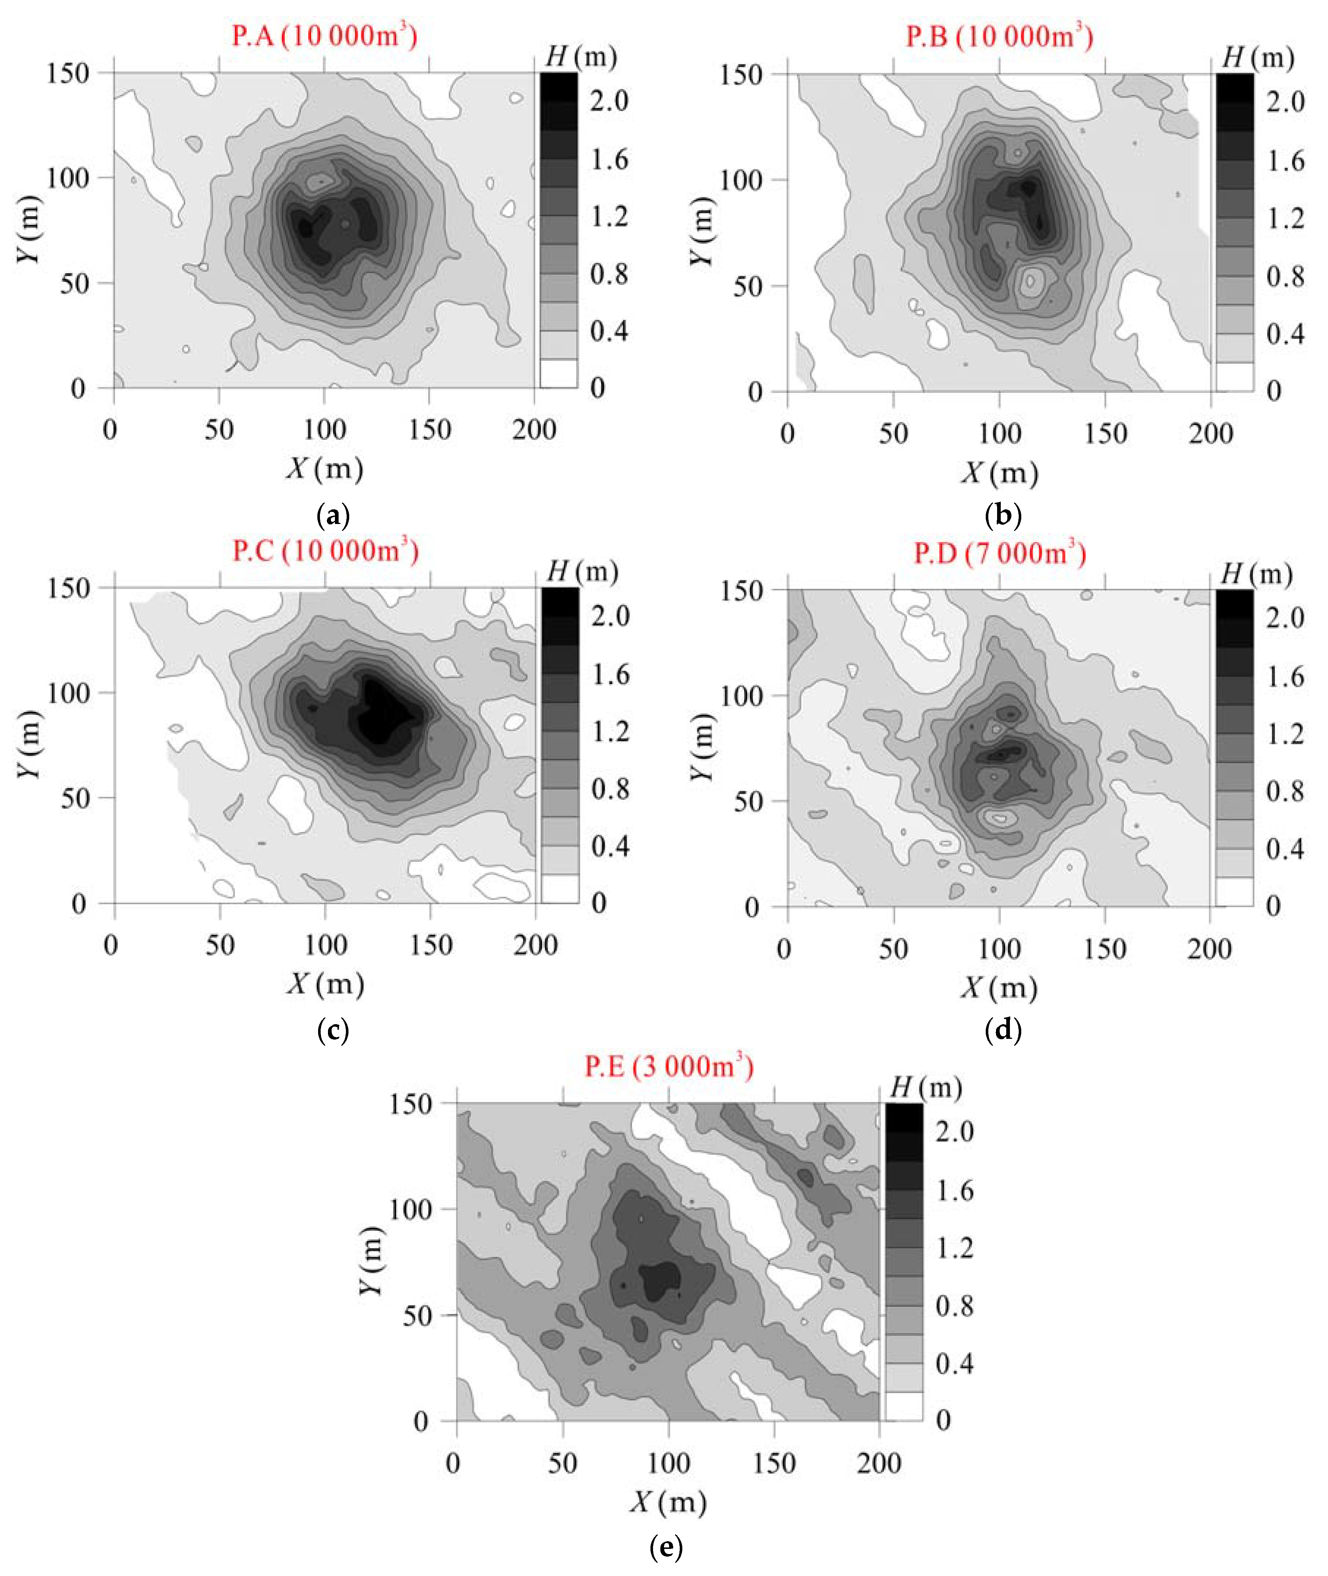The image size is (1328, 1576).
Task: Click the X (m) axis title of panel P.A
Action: (324, 468)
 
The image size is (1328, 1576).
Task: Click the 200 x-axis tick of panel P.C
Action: (535, 944)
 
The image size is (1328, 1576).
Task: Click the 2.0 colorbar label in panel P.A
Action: (608, 101)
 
